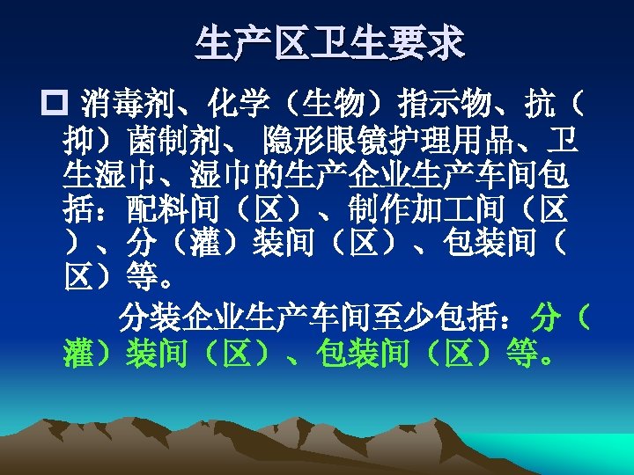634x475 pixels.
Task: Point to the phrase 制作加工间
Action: [x=411, y=208]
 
